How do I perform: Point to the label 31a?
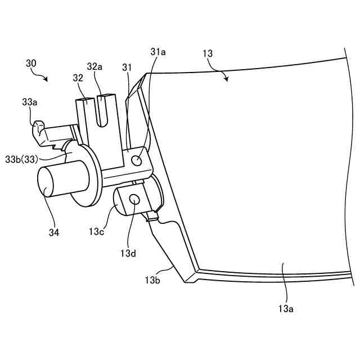159,52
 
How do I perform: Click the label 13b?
152,280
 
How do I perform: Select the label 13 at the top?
208,53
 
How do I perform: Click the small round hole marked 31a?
136,161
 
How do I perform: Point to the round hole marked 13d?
134,199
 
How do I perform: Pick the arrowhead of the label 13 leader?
227,80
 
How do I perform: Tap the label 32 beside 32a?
79,78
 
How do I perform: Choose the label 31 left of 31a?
127,67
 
